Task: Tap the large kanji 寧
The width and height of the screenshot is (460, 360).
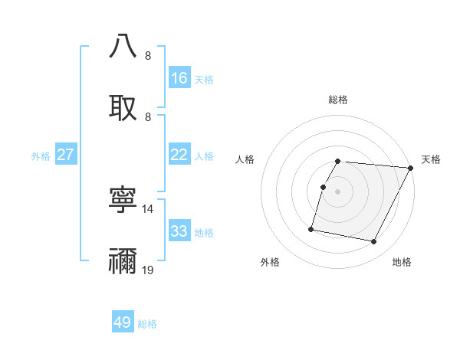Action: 123,201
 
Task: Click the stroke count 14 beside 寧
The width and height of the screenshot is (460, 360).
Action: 148,208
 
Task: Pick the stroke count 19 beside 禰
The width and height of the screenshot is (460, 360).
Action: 148,270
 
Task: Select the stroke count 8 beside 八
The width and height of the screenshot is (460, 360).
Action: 148,55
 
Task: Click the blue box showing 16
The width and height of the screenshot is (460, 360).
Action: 179,78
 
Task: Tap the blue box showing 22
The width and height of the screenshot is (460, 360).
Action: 179,155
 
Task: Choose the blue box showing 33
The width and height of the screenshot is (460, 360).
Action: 179,231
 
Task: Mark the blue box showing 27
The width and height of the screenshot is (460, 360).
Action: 66,155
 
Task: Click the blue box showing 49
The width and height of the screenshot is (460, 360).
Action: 123,322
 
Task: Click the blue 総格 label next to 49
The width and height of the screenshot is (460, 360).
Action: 147,324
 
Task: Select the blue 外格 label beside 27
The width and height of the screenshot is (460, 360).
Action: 41,156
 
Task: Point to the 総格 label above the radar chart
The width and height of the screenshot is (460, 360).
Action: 338,100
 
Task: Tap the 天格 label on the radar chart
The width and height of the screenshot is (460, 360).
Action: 431,159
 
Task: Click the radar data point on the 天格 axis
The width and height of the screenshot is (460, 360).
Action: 411,168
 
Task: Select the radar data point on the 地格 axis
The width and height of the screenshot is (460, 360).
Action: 374,242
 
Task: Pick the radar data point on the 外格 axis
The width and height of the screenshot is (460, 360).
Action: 311,228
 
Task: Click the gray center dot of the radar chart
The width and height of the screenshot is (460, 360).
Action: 338,191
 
